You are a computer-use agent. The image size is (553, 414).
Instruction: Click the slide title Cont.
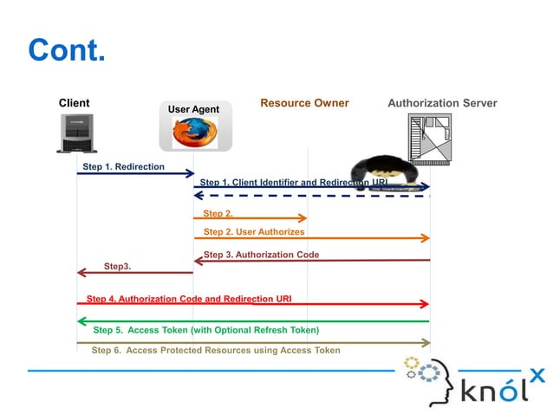pos(67,50)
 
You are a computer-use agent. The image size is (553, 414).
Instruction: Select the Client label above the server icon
pos(74,103)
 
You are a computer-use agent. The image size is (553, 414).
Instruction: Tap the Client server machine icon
pos(76,133)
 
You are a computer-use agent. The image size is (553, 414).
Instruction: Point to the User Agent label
pos(193,109)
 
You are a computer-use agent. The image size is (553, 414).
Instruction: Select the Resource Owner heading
pos(304,103)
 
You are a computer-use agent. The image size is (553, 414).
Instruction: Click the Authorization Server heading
pos(442,103)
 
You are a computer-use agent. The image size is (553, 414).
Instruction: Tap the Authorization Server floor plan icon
pos(429,138)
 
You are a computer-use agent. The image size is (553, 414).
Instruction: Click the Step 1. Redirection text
pos(123,166)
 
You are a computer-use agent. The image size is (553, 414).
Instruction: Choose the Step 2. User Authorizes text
pos(253,232)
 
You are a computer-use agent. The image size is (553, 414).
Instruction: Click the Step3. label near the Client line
pos(117,266)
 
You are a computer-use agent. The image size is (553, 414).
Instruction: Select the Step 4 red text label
pos(188,299)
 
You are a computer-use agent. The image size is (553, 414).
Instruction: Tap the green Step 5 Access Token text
pos(205,330)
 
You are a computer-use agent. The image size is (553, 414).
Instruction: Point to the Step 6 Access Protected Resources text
pos(216,350)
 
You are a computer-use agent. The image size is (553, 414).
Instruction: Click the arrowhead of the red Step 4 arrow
pos(425,304)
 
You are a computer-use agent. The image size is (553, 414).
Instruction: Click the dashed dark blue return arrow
pos(312,196)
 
